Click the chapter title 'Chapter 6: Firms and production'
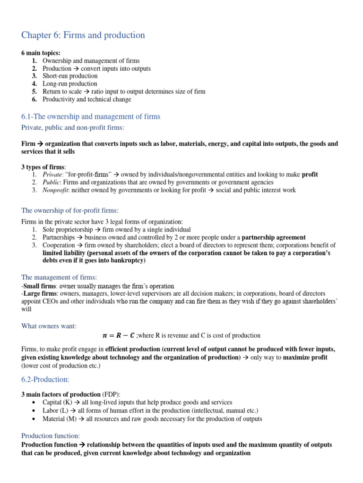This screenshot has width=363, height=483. tap(83, 35)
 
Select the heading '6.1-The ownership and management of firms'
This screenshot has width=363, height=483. tap(91, 117)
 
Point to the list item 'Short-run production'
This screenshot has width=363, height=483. tap(70, 76)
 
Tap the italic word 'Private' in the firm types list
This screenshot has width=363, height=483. tap(52, 175)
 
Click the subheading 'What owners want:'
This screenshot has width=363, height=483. tap(49, 326)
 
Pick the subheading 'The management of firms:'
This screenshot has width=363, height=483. tap(59, 277)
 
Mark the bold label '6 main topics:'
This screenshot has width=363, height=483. tap(41, 53)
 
